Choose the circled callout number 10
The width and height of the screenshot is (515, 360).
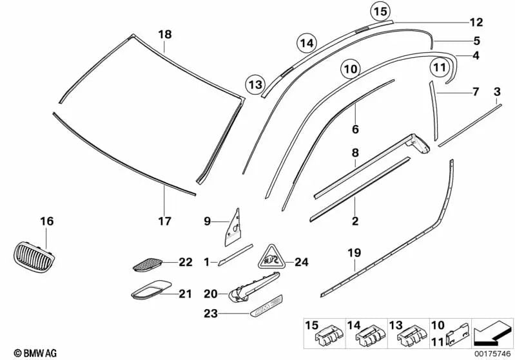349,68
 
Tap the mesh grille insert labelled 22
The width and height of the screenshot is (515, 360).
149,263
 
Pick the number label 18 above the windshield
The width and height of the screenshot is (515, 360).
165,35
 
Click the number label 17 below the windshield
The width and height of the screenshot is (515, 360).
165,222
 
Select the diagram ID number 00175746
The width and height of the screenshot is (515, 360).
492,353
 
